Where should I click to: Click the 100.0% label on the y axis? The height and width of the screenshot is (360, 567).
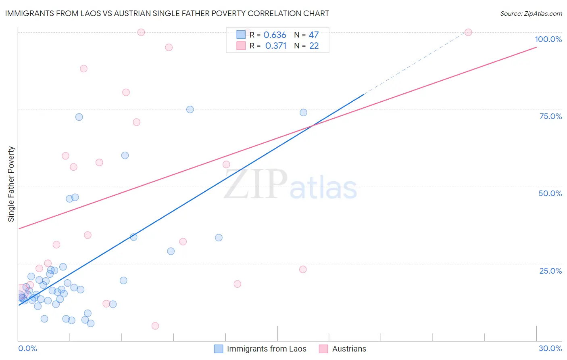[548, 39]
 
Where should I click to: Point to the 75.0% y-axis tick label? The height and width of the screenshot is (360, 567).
[550, 116]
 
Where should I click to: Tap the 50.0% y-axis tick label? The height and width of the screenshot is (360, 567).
[550, 193]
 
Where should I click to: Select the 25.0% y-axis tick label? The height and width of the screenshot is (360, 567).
[550, 270]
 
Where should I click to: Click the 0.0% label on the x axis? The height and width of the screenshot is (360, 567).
[27, 348]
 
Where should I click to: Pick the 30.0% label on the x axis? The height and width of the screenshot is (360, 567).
[550, 348]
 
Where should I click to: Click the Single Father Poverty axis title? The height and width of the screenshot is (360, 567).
[11, 184]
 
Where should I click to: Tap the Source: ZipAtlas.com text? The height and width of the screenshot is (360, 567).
[531, 14]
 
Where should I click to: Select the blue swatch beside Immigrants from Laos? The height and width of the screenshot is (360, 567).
[218, 349]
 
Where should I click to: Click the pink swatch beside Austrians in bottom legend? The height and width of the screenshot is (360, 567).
[323, 349]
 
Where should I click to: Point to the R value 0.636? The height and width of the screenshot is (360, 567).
[275, 35]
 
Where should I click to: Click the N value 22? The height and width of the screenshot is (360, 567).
[314, 46]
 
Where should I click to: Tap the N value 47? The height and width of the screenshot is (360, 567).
[314, 35]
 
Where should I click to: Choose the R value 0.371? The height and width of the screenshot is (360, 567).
[275, 46]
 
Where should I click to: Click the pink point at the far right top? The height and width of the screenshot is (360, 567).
[468, 32]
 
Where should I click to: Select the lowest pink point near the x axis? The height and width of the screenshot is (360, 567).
[155, 326]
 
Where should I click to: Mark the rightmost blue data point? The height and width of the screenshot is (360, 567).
[303, 113]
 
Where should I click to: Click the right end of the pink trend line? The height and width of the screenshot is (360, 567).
[536, 47]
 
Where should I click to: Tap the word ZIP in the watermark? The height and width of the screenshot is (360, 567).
[256, 185]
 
